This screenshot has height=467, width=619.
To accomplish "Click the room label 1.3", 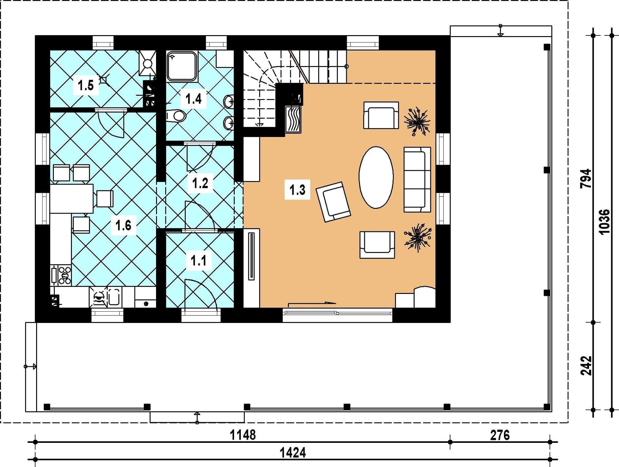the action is tap(297, 190).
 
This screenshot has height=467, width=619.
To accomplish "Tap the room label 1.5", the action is tap(86, 85).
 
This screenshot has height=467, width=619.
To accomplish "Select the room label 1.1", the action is tap(199, 260).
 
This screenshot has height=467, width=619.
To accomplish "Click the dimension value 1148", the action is tap(243, 435).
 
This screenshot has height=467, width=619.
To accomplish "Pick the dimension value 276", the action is tap(500, 435).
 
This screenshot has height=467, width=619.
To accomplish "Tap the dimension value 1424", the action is tap(293, 453).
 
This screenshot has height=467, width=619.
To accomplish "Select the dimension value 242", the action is tap(586, 365).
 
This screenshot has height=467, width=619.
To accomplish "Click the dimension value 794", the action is tap(586, 179).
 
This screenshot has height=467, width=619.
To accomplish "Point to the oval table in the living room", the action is tap(376, 177).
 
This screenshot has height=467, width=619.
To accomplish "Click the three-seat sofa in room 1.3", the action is tap(417, 180).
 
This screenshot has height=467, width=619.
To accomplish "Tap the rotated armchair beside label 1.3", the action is tap(333, 202).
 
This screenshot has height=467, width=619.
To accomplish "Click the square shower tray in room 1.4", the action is tap(182, 66).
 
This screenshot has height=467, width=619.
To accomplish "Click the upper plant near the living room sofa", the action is tap(417, 122).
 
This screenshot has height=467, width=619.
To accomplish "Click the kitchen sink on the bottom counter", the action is tap(114, 297).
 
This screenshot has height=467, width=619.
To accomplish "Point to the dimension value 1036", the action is tap(605, 222).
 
